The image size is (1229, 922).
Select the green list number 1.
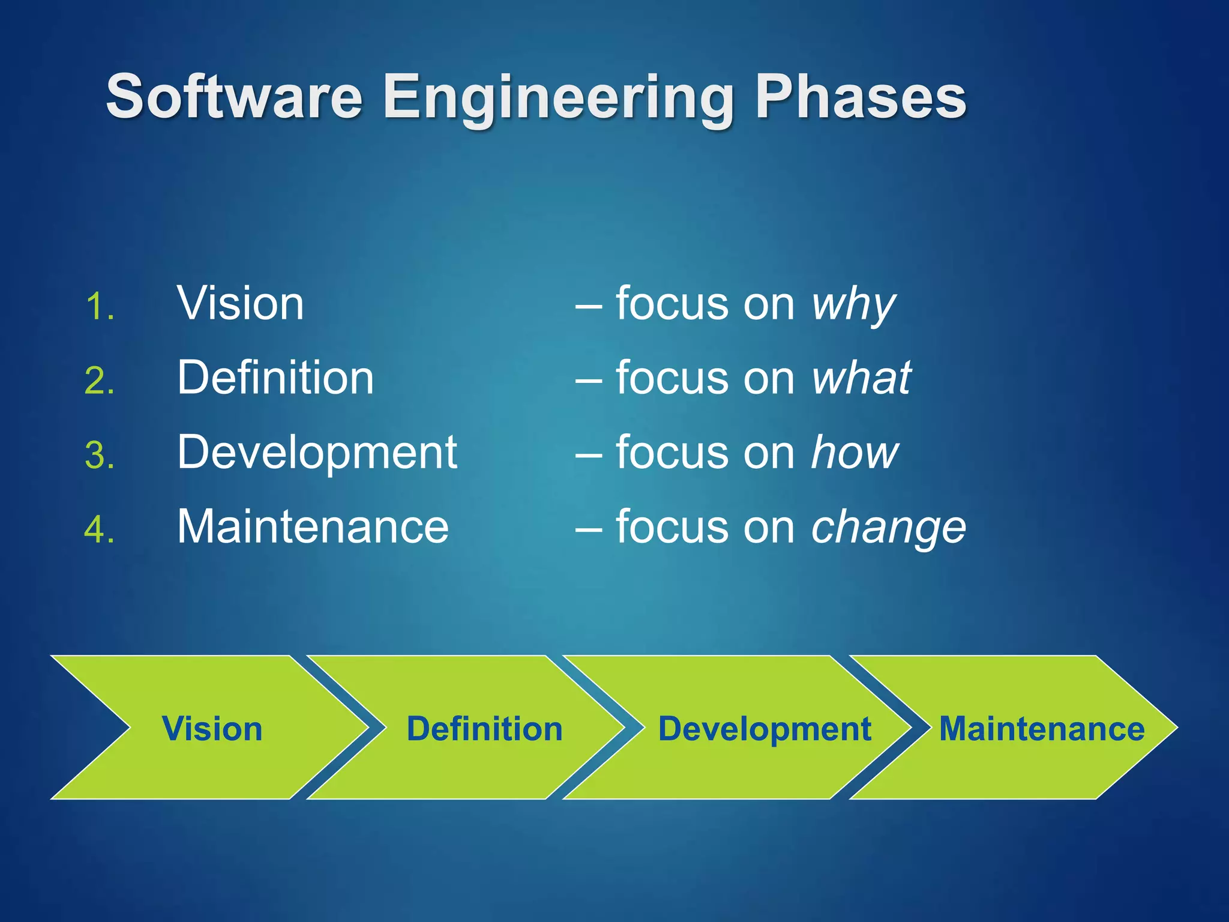(x=99, y=307)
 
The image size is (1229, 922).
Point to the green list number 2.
(x=99, y=381)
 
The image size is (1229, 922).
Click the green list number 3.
(x=99, y=455)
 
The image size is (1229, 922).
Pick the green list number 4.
(x=99, y=530)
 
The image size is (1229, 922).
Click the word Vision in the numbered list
(x=240, y=304)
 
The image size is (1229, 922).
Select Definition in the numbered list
(x=275, y=378)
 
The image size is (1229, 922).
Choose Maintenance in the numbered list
(x=313, y=527)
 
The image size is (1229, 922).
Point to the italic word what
(x=861, y=378)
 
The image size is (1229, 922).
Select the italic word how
(x=855, y=453)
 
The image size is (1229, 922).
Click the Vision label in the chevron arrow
(x=212, y=729)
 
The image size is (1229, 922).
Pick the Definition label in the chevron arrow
(x=484, y=729)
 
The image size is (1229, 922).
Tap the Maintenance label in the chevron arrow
(x=1042, y=729)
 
